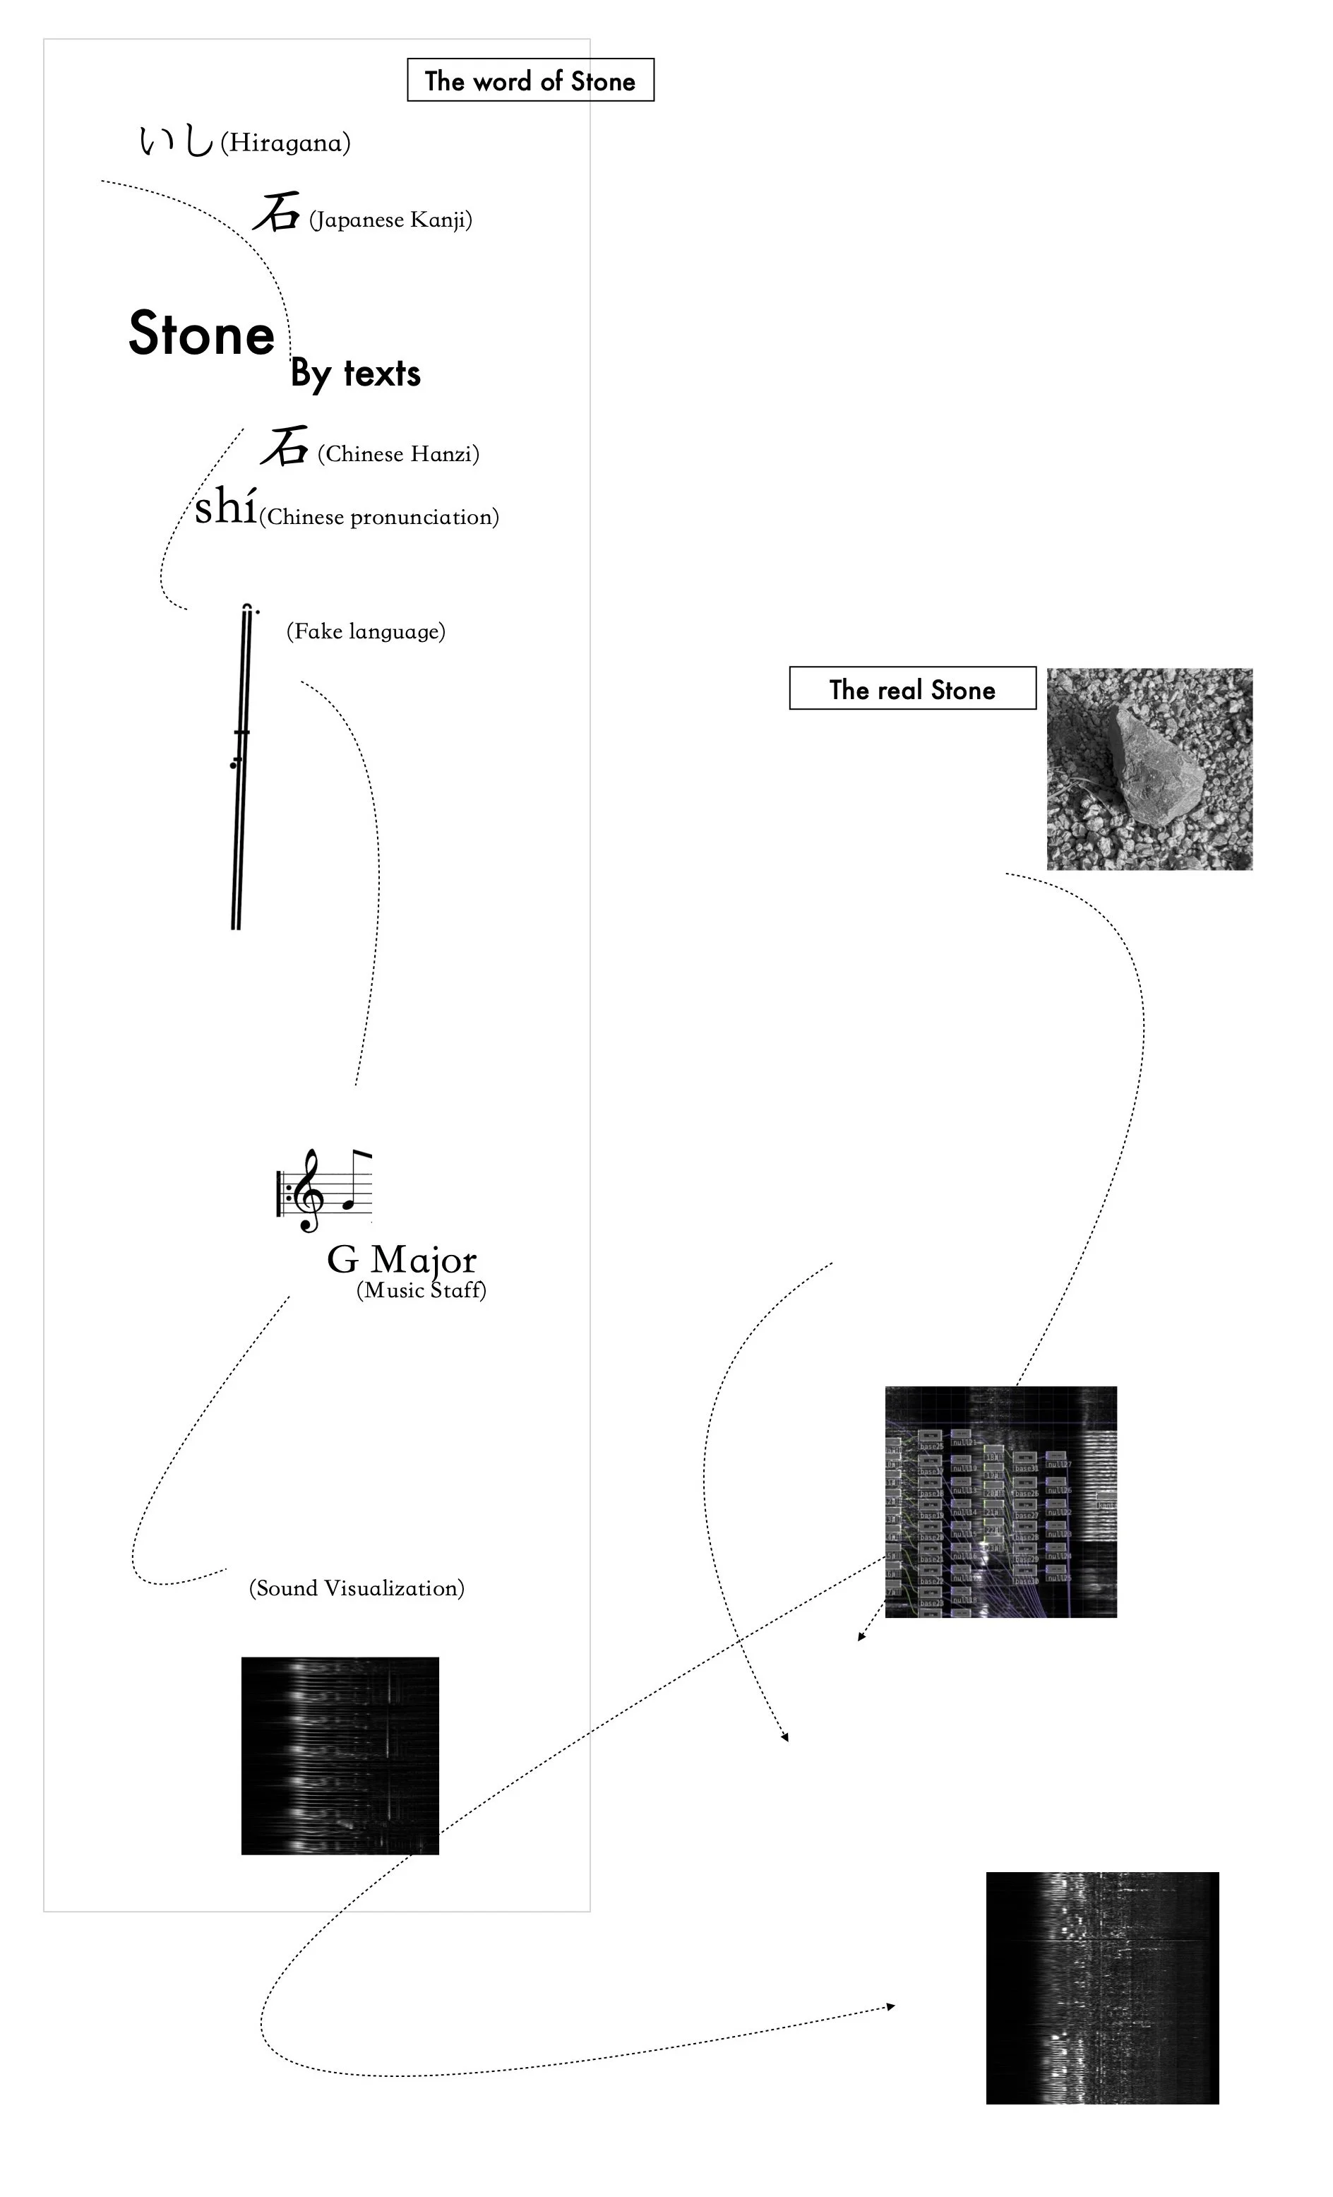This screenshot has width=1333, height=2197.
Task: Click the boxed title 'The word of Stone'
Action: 530,81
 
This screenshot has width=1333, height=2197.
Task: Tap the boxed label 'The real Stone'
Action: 911,689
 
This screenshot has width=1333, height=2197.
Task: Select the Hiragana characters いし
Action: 176,140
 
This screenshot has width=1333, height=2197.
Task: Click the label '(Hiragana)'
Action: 285,143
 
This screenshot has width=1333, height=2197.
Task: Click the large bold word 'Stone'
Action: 201,333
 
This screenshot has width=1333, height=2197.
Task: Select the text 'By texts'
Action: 355,373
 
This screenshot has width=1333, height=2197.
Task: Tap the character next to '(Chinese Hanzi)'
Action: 285,447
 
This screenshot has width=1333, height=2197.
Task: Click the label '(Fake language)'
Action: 366,631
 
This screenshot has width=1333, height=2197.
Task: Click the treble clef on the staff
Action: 309,1189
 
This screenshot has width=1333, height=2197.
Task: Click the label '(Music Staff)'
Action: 421,1290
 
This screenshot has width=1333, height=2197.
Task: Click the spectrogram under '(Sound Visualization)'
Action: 340,1756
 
